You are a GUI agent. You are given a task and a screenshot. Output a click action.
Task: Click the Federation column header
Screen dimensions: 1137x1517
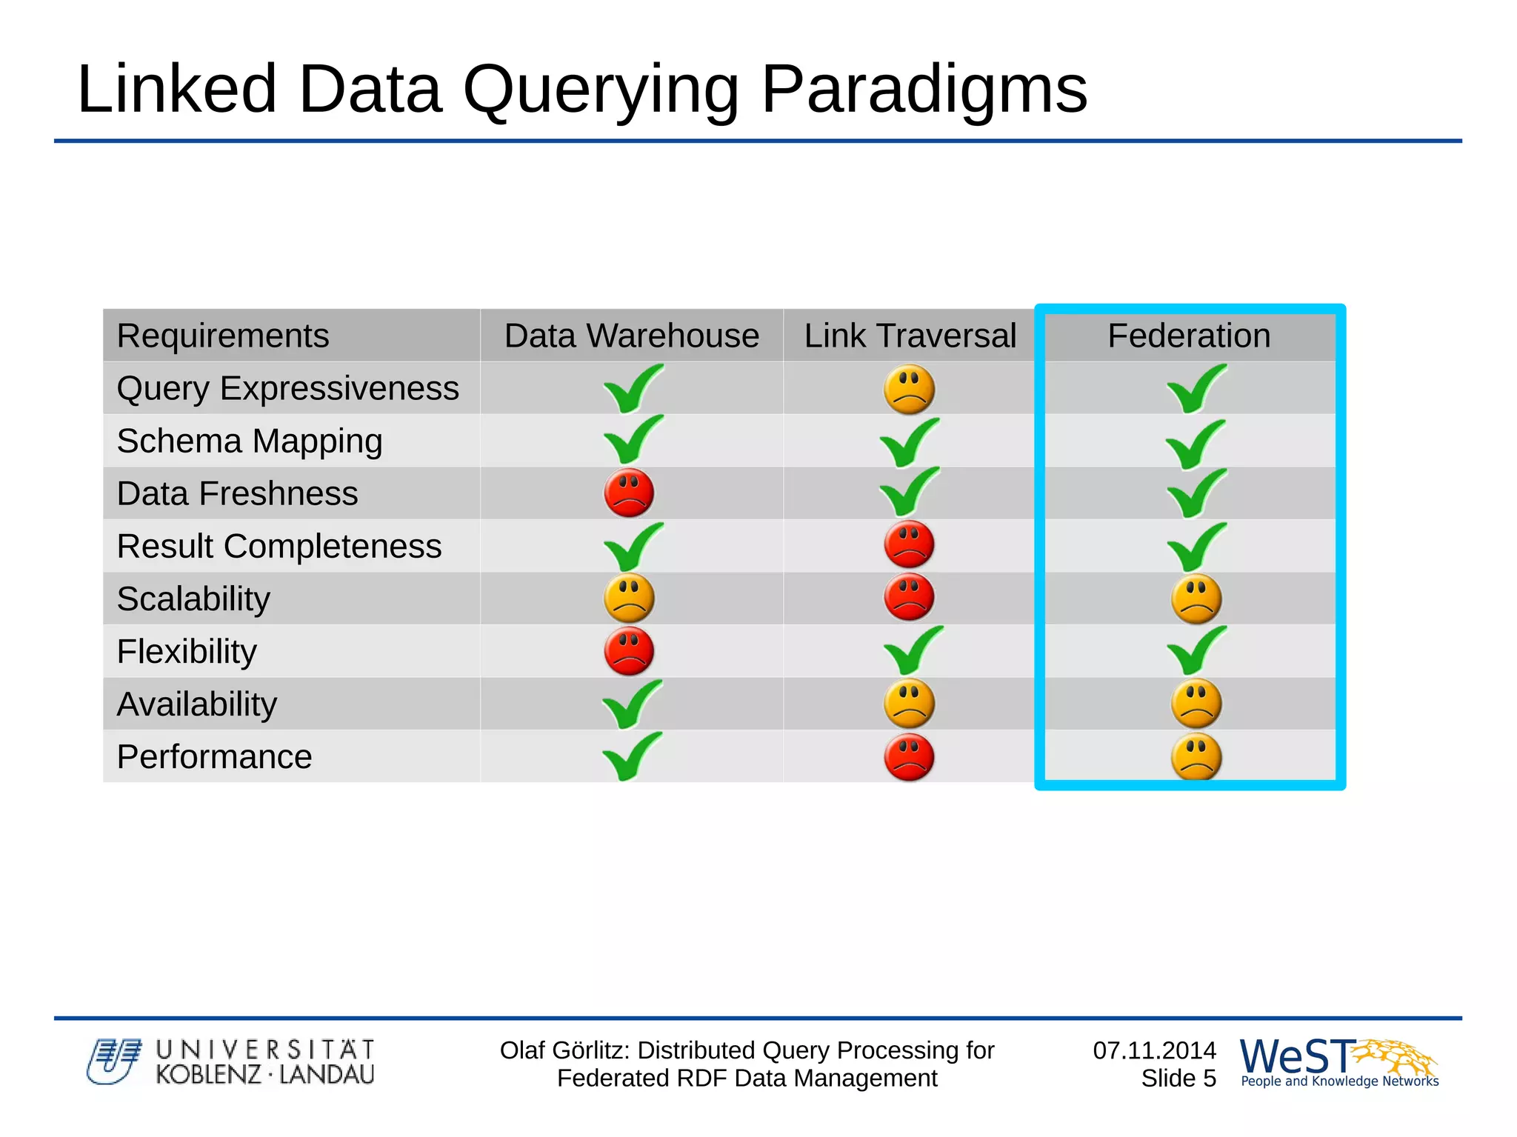1188,336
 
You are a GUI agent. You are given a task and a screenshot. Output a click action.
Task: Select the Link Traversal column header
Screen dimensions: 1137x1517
910,336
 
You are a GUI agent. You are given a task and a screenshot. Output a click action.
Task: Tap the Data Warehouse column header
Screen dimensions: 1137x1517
631,336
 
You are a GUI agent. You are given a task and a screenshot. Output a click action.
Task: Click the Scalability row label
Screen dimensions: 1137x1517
193,598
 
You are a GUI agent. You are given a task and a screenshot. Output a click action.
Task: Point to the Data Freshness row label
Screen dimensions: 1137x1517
237,493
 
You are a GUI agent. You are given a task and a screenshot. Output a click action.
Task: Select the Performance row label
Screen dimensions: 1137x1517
214,756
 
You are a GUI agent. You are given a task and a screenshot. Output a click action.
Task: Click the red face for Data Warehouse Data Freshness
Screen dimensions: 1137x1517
629,493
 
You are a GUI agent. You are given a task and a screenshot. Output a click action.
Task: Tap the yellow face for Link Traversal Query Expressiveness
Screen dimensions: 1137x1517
909,389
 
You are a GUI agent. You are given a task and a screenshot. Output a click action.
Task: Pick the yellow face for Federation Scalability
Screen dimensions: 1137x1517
1196,598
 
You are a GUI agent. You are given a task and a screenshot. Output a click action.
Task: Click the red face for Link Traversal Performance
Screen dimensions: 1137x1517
909,757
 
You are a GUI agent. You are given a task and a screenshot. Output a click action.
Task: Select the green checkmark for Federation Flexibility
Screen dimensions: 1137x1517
1196,650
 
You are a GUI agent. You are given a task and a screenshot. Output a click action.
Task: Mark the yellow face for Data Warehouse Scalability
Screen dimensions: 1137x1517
629,598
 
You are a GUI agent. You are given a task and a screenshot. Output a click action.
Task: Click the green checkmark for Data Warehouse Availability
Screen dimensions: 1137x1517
631,704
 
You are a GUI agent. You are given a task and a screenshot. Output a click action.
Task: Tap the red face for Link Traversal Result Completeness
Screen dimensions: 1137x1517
909,545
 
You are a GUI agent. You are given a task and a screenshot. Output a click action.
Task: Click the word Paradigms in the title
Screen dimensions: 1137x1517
924,89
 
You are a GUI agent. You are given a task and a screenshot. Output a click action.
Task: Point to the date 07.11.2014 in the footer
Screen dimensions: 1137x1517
1154,1050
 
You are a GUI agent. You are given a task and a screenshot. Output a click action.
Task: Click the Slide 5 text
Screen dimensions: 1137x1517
1178,1078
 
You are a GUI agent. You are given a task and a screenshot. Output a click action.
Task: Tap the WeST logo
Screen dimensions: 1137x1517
1338,1061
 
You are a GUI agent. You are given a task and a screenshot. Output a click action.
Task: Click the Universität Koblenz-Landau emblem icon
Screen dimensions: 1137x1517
113,1061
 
